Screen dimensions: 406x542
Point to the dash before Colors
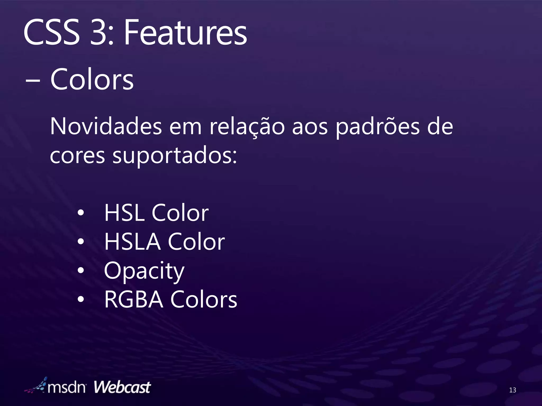pos(33,81)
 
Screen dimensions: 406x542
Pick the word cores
pos(78,155)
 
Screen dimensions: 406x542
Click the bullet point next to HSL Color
pos(81,213)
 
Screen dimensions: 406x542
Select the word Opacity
pos(144,271)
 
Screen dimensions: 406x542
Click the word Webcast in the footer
pos(122,387)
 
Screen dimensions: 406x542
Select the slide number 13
pos(512,390)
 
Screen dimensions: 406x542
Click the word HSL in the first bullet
pos(124,213)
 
